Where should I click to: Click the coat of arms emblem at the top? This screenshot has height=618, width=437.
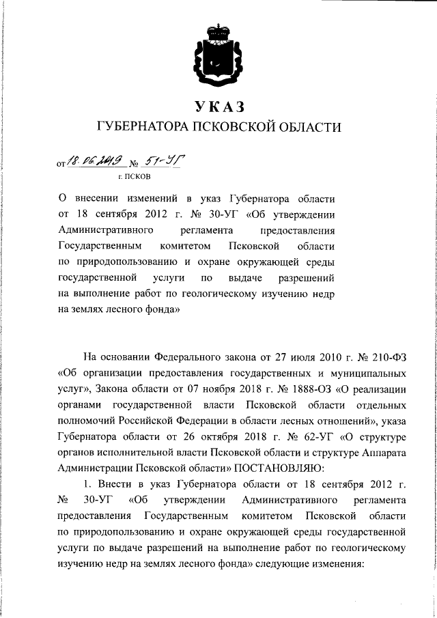218,51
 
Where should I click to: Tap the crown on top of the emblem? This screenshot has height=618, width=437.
218,30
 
